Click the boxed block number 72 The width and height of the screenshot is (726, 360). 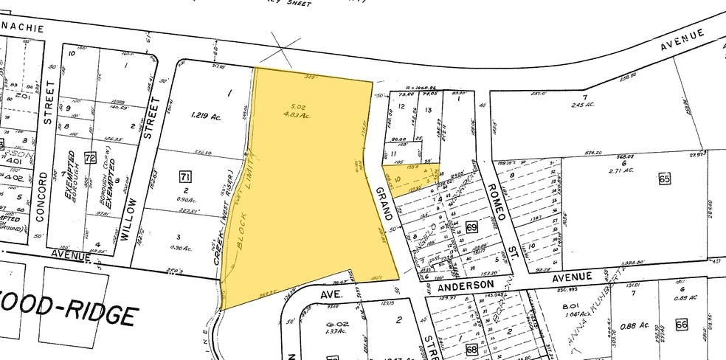(91, 158)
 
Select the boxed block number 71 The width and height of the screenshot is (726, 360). (186, 176)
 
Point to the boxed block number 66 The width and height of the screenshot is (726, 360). (680, 324)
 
